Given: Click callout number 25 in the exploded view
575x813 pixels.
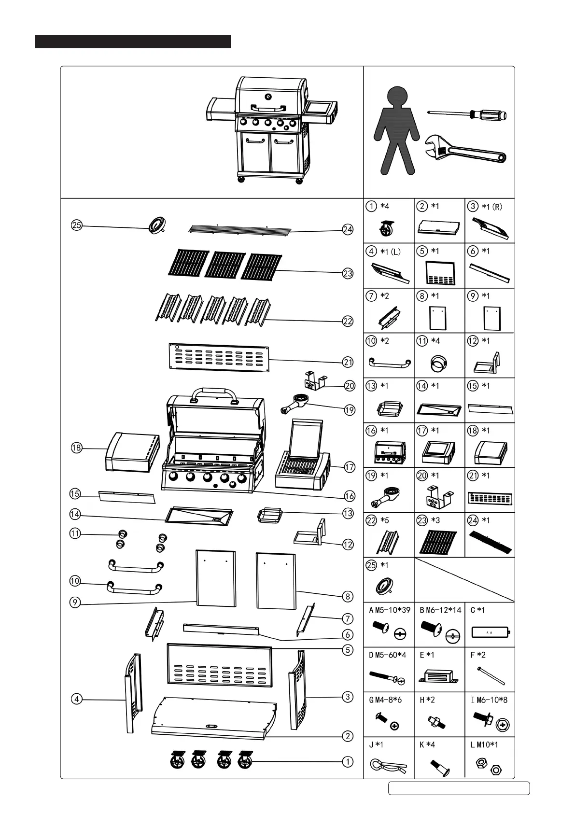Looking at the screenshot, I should pos(76,225).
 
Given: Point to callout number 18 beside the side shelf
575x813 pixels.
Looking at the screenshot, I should pos(76,448).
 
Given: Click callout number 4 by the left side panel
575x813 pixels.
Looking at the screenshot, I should pos(76,699).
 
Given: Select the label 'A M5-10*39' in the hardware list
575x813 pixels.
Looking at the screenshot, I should pos(390,610).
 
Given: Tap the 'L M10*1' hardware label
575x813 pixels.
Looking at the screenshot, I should pos(484,744).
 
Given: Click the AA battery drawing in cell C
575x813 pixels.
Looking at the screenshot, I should pos(490,631).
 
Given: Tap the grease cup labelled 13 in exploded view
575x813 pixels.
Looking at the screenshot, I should pos(267,515).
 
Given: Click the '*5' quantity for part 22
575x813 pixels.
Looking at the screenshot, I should pos(385,520).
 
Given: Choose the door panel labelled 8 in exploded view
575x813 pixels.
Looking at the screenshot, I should pos(276,581).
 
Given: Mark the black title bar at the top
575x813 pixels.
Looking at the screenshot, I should pos(133,42).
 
